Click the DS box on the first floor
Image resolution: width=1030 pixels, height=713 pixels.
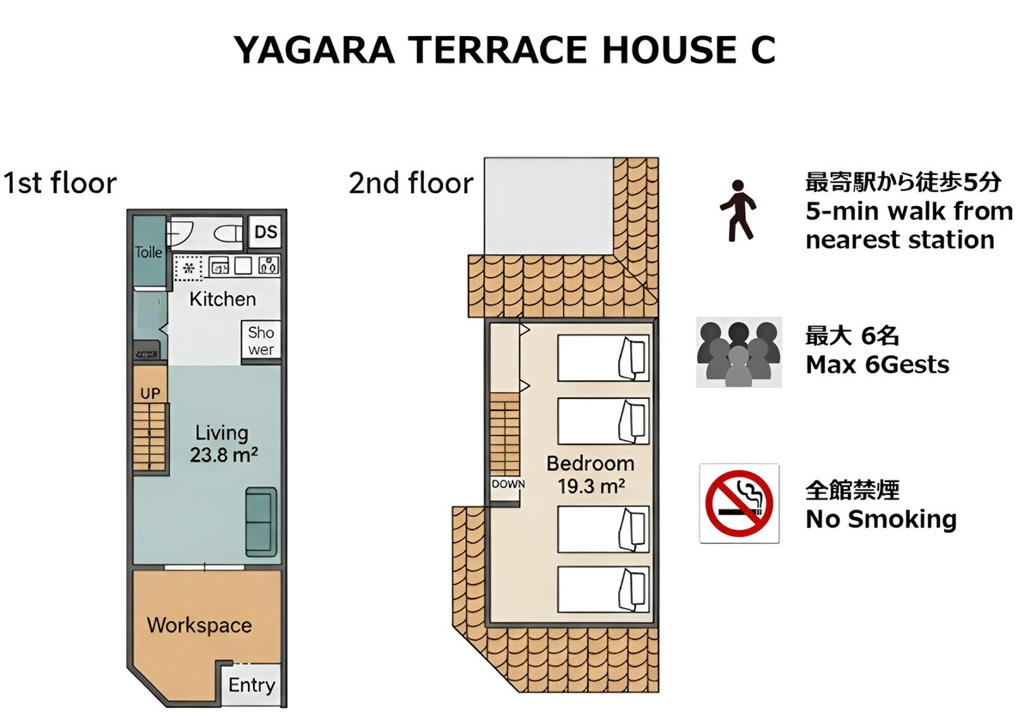pos(266,232)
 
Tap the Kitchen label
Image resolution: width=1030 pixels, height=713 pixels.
pos(222,299)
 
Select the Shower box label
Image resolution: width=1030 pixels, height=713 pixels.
pos(261,341)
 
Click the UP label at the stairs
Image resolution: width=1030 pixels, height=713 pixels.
pos(150,394)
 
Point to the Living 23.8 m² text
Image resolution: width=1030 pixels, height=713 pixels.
pos(223,444)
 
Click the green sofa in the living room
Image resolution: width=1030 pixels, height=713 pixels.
pos(261,523)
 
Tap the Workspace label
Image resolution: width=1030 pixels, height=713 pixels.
pos(199,625)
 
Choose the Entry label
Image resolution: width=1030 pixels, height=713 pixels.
pos(251,686)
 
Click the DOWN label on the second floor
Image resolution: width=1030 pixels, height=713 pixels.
pos(508,484)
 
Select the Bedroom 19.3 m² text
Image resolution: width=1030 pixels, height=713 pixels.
pos(591,474)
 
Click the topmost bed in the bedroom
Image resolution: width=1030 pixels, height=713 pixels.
pos(603,358)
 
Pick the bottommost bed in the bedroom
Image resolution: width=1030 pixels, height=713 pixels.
pos(603,589)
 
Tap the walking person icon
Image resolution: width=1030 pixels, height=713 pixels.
pos(737,210)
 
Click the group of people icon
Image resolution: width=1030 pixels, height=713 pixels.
pos(738,353)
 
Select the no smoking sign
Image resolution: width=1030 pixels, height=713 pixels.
pos(739,503)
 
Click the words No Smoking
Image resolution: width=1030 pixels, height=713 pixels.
pos(881,519)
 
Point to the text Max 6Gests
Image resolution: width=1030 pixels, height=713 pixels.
pos(877,365)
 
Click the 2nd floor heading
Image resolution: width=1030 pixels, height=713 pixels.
pos(411,183)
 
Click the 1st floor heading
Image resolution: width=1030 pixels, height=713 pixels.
pos(60,183)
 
